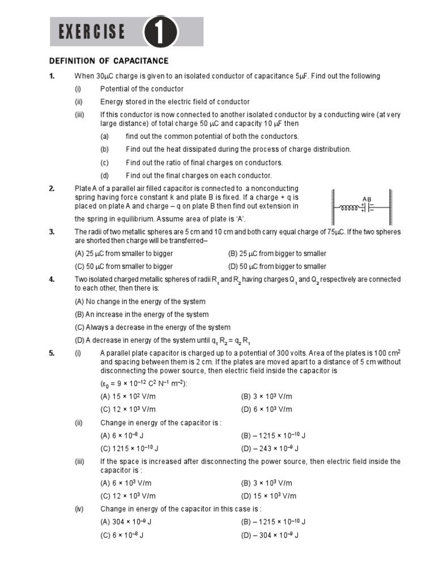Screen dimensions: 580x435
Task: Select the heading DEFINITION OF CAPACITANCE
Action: (x=109, y=61)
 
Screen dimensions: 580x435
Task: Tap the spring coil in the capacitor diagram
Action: (x=349, y=207)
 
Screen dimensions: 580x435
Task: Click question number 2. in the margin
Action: (x=52, y=188)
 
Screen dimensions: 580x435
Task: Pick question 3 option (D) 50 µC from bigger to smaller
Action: (x=277, y=266)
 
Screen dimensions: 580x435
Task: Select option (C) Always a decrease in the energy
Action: (x=152, y=327)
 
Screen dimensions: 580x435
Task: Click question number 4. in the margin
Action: (x=52, y=279)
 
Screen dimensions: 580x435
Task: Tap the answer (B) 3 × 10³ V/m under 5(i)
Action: (x=266, y=396)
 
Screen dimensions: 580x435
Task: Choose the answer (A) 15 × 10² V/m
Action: (x=126, y=396)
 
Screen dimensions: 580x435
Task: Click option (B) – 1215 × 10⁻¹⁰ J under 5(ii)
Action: (x=273, y=436)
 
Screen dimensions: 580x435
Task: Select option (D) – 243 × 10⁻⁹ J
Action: (x=270, y=449)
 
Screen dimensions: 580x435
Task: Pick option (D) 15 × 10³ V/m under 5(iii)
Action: (x=268, y=496)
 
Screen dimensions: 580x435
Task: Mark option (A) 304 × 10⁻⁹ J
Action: (x=125, y=522)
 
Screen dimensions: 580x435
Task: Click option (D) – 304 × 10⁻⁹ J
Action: (x=270, y=535)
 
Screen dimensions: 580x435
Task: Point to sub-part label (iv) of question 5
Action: (x=79, y=509)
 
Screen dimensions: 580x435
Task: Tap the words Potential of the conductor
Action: (x=142, y=89)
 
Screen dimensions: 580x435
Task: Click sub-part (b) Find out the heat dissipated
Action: (x=238, y=149)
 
